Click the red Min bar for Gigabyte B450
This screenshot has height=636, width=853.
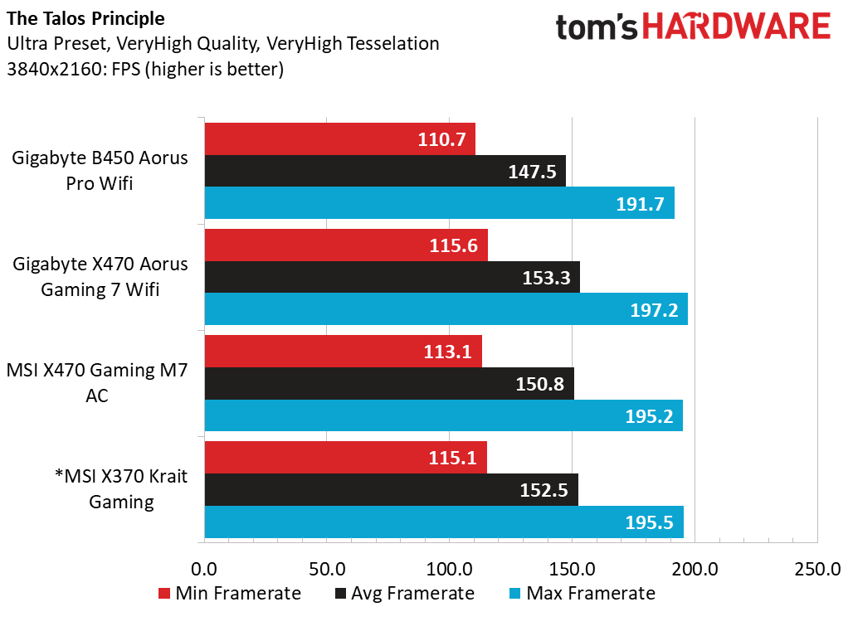(x=340, y=138)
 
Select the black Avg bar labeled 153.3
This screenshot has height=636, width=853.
(x=392, y=277)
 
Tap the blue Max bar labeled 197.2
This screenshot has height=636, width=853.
(x=446, y=308)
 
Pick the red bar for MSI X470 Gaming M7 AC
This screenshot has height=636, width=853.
(x=344, y=351)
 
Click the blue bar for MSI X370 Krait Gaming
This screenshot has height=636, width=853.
(x=444, y=522)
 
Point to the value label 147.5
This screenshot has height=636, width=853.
(x=532, y=172)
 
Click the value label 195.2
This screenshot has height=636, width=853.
(x=649, y=416)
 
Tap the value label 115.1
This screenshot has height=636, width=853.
(x=452, y=458)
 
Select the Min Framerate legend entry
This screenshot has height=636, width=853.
(x=230, y=593)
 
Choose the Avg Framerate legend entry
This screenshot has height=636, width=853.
(x=405, y=593)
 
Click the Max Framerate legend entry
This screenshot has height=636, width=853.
(x=582, y=593)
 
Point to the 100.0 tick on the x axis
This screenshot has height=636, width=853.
(x=450, y=569)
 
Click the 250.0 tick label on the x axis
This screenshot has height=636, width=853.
(x=817, y=569)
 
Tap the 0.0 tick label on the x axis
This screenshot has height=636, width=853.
(x=204, y=569)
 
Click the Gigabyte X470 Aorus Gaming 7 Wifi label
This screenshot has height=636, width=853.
(x=100, y=277)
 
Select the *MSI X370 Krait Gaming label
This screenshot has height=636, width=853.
(x=121, y=488)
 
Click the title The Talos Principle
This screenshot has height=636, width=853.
(x=85, y=18)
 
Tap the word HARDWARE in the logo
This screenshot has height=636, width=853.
(x=737, y=27)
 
